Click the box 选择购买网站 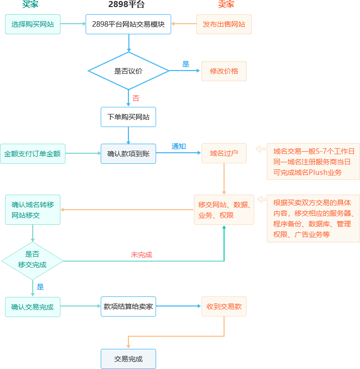coord(33,24)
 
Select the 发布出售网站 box coord(224,24)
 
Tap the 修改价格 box coord(224,71)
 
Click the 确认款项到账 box coord(128,154)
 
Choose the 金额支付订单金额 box coord(32,154)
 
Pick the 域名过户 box coord(224,153)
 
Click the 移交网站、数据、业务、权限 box coord(224,210)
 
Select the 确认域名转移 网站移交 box coord(33,210)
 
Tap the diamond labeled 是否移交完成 coord(32,260)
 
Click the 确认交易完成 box coord(33,307)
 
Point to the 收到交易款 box coord(224,306)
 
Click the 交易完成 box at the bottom coord(128,359)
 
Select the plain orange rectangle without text coord(175,332)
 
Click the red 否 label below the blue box coord(136,99)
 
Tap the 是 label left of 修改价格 coord(186,65)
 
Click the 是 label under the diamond coord(40,287)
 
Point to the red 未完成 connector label coord(141,255)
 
